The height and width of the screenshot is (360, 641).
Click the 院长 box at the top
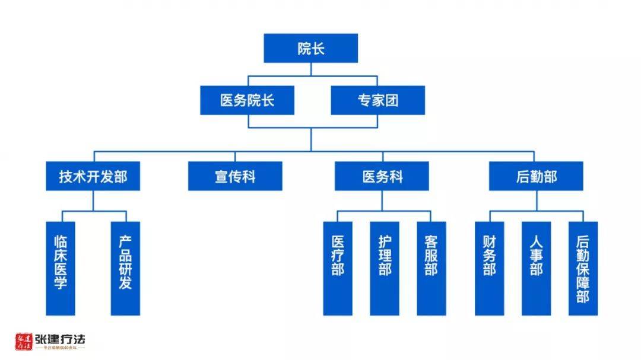(310, 48)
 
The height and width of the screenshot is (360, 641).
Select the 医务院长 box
(247, 100)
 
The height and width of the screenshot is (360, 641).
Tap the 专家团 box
(377, 100)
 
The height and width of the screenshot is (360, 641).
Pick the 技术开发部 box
(93, 176)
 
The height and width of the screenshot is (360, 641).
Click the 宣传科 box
(235, 176)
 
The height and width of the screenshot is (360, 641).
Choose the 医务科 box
(382, 176)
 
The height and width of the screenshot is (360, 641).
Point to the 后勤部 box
(535, 176)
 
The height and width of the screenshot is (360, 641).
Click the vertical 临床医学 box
(61, 268)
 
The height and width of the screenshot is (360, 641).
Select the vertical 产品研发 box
(125, 268)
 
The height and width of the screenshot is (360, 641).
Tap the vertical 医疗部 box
(338, 268)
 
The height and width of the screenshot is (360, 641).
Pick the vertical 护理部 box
(385, 268)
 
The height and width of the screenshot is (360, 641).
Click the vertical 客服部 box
(431, 268)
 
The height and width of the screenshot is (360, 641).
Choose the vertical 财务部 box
(489, 268)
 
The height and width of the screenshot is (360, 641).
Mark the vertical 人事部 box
(536, 268)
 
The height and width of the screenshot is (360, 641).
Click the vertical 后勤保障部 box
(583, 268)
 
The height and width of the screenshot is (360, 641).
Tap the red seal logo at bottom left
(24, 342)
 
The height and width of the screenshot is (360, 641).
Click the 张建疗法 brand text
(60, 340)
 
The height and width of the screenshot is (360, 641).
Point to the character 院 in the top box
(304, 49)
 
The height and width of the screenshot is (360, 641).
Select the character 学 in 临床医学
(61, 282)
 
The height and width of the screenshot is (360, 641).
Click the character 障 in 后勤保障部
(583, 282)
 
